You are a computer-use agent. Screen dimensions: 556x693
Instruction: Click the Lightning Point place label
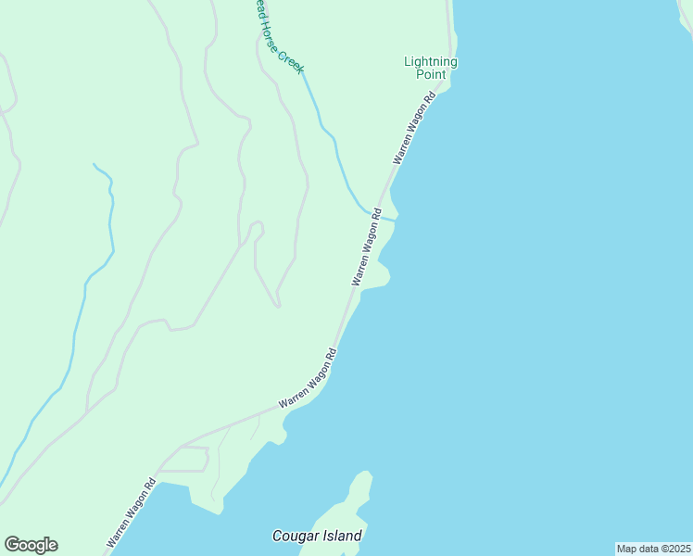point(431,68)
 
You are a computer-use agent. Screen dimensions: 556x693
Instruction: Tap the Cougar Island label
point(317,536)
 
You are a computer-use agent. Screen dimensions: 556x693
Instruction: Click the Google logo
point(31,545)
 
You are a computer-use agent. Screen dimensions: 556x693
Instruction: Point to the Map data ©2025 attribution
point(653,549)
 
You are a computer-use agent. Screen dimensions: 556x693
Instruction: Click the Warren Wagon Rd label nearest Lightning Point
point(414,129)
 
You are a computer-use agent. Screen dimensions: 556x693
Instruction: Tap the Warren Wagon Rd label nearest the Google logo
point(131,512)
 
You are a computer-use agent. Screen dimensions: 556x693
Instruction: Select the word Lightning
point(431,62)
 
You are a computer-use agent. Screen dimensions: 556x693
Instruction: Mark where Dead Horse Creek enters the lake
point(396,219)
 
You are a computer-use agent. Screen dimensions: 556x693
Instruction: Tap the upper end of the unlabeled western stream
point(94,165)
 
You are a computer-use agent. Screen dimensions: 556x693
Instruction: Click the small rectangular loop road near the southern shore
point(184,459)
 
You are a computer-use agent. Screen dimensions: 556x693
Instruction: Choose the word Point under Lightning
point(431,74)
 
